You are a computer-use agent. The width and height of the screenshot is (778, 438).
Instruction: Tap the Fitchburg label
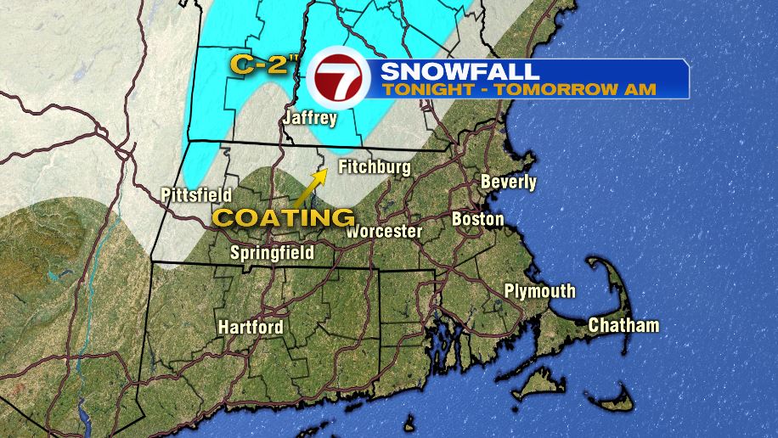pos(375,167)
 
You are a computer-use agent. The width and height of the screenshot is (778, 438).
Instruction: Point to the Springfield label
pos(273,252)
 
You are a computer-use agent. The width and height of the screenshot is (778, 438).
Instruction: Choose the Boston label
pos(477,219)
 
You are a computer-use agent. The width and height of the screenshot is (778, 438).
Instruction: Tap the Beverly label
pos(509,182)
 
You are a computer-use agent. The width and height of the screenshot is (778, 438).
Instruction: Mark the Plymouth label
pos(539,291)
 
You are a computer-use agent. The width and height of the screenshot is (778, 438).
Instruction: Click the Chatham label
pos(623,325)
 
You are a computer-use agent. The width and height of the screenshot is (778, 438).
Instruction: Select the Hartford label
pos(251,327)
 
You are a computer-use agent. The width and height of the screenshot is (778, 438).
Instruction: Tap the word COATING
pos(283,217)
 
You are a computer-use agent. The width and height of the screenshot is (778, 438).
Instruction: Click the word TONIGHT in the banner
pos(414,88)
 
